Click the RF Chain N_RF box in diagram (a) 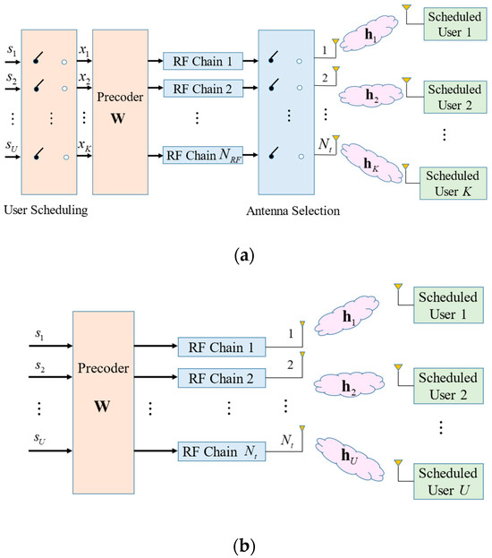tap(204, 156)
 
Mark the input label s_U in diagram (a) tap(12, 145)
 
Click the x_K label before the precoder tap(83, 145)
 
